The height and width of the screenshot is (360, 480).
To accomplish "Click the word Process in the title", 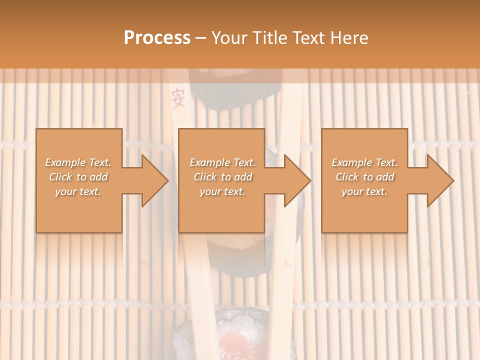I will [157, 38].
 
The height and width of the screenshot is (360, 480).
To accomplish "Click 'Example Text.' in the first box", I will [78, 162].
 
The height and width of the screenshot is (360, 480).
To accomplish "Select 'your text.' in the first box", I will [78, 191].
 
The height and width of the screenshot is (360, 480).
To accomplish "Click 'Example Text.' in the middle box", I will [222, 162].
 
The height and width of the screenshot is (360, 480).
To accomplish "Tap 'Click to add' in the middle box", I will [222, 177].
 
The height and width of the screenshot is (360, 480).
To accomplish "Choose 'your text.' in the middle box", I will [222, 191].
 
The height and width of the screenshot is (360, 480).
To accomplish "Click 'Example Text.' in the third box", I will [364, 162].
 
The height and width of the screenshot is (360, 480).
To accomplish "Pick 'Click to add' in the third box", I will [364, 177].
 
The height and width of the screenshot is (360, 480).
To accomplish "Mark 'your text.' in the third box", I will [364, 191].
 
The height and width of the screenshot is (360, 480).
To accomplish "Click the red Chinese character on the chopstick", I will [178, 98].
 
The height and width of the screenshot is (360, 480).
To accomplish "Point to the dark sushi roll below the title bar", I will [235, 92].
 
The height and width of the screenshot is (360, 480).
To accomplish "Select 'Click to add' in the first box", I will [78, 177].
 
